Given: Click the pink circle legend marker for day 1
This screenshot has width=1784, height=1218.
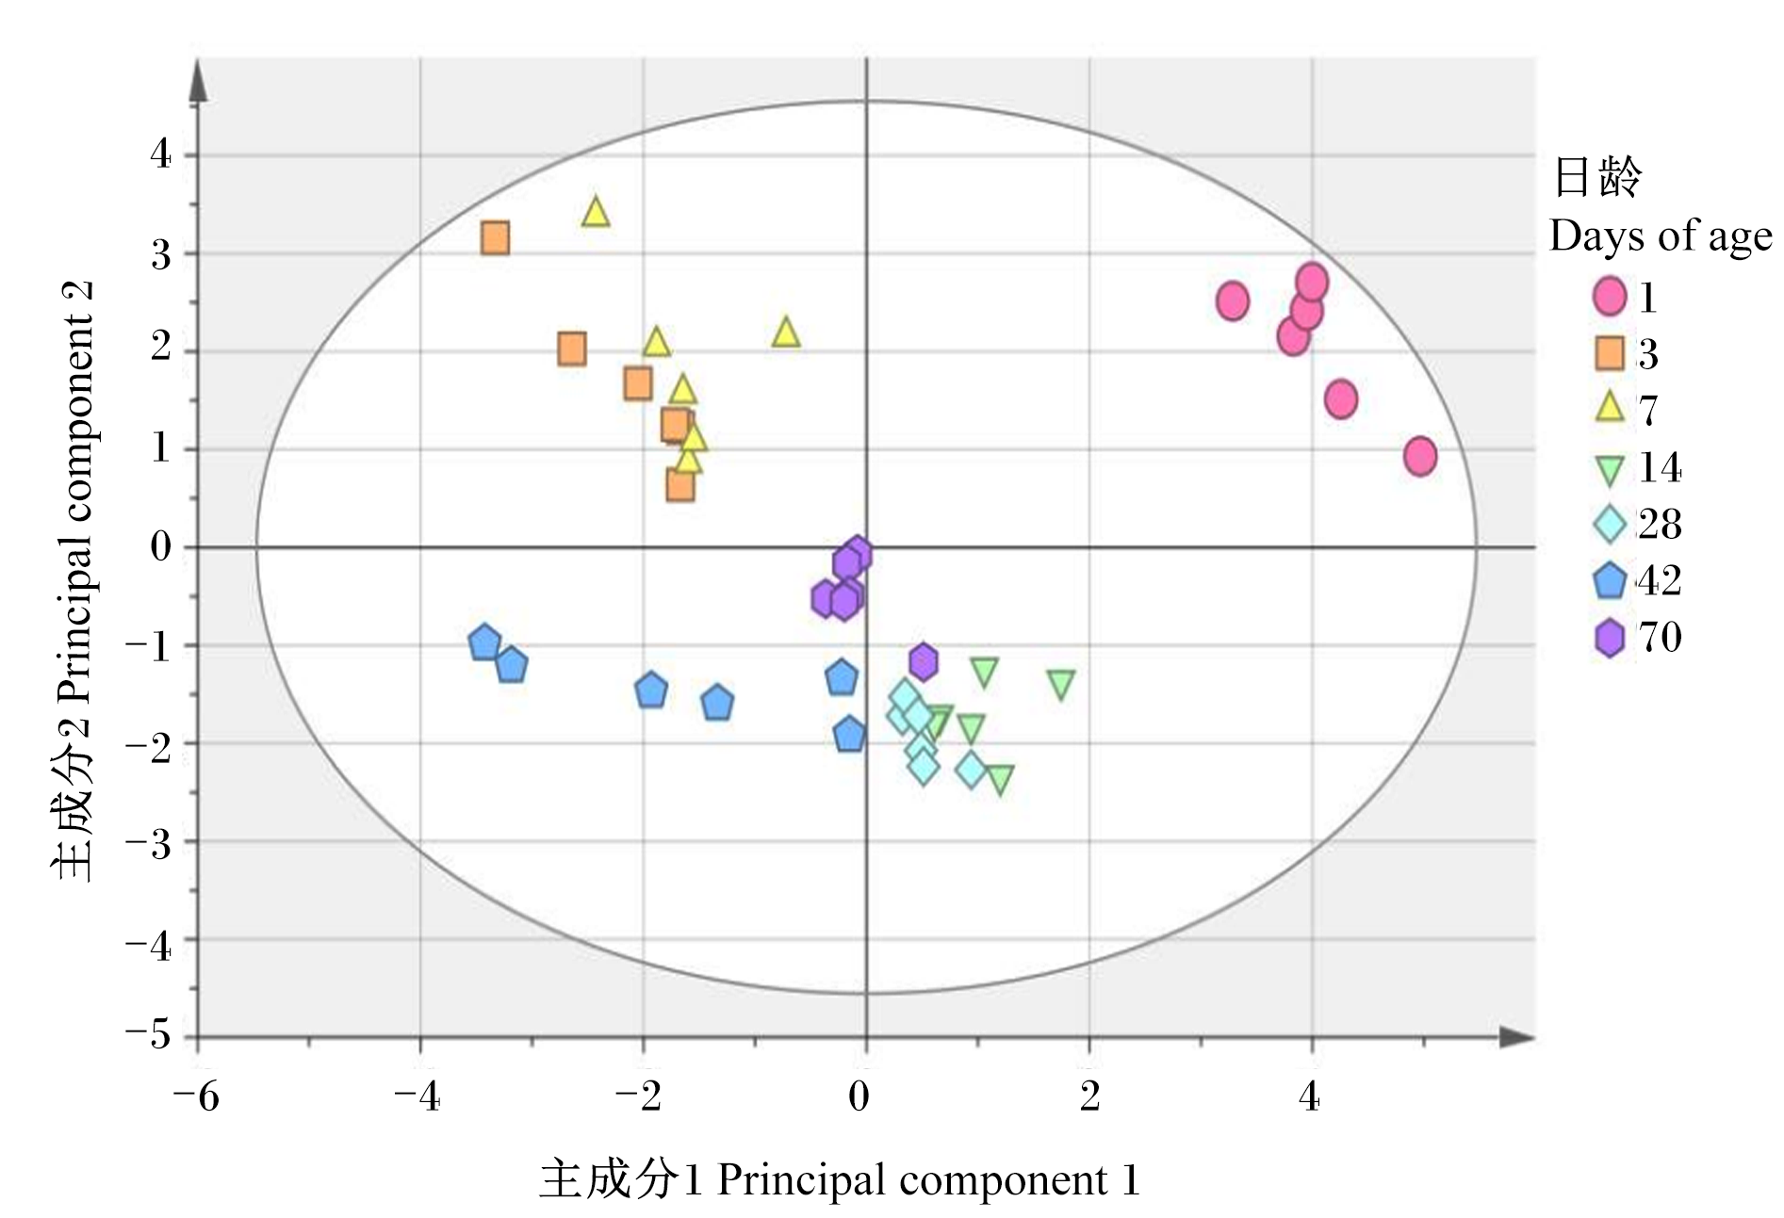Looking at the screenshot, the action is point(1610,296).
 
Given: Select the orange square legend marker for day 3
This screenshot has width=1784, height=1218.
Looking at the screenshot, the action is point(1610,353).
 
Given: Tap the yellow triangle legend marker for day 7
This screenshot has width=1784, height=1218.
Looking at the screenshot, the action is point(1610,407).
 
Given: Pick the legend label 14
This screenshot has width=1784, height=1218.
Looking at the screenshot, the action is point(1660,467).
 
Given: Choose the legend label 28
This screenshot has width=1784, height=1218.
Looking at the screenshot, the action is point(1660,524).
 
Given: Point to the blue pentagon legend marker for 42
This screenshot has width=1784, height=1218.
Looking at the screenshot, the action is point(1610,581).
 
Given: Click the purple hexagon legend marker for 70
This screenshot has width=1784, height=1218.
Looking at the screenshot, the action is point(1610,638).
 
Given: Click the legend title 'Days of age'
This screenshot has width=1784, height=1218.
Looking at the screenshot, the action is point(1661,236).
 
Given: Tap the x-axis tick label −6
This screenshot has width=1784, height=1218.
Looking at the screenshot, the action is point(196,1096).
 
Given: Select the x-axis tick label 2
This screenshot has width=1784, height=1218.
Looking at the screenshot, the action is point(1090,1096).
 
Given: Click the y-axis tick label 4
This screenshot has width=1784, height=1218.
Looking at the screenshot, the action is point(161,154).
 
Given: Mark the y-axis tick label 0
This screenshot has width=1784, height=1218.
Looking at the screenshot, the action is point(161,546).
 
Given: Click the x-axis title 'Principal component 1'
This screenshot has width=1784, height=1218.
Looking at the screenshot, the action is point(928,1180).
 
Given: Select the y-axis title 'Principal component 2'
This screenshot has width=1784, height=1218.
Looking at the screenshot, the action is point(78,491).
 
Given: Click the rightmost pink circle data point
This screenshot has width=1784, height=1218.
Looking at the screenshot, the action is point(1420,456).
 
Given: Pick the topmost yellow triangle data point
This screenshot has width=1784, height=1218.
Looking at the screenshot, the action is point(596,212).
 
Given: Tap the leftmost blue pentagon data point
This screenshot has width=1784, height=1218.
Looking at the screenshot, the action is point(484,643).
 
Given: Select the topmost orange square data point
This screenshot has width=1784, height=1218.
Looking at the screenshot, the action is point(496,238).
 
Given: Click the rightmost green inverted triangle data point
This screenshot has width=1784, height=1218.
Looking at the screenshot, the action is point(1061,685).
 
